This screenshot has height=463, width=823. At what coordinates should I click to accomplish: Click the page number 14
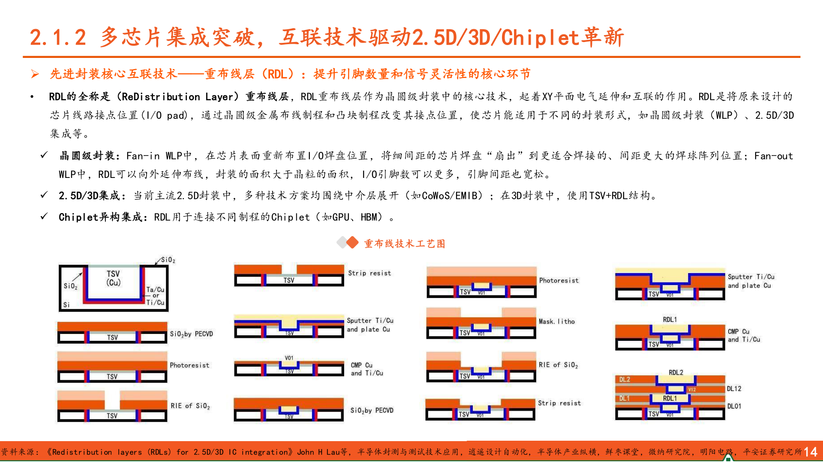pyautogui.click(x=811, y=452)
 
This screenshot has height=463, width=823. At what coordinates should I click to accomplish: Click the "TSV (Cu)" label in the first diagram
pyautogui.click(x=113, y=278)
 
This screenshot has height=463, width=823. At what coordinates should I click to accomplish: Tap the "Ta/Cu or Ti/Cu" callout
pyautogui.click(x=155, y=296)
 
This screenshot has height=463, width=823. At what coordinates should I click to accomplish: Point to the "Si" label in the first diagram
pyautogui.click(x=66, y=305)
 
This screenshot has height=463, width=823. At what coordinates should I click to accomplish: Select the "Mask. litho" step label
pyautogui.click(x=556, y=322)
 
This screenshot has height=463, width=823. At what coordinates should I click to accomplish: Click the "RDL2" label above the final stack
pyautogui.click(x=676, y=373)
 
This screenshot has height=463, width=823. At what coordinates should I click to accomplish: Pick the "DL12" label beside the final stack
pyautogui.click(x=734, y=389)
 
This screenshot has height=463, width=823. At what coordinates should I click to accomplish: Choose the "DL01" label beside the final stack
pyautogui.click(x=734, y=406)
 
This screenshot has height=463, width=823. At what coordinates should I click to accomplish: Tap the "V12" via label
pyautogui.click(x=691, y=390)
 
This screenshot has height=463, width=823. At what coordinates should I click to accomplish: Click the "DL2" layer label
pyautogui.click(x=625, y=379)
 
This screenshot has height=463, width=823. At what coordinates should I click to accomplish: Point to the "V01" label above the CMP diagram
pyautogui.click(x=289, y=358)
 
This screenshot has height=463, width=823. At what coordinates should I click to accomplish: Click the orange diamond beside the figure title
pyautogui.click(x=352, y=243)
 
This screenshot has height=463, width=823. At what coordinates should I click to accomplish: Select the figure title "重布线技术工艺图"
pyautogui.click(x=404, y=244)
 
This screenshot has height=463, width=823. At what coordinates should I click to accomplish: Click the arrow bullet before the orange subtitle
pyautogui.click(x=35, y=74)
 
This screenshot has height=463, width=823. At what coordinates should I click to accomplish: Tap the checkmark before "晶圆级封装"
pyautogui.click(x=44, y=155)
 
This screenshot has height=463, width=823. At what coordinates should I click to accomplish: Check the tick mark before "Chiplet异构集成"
pyautogui.click(x=44, y=216)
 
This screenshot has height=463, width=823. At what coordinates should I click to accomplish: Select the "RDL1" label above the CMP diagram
pyautogui.click(x=670, y=319)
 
